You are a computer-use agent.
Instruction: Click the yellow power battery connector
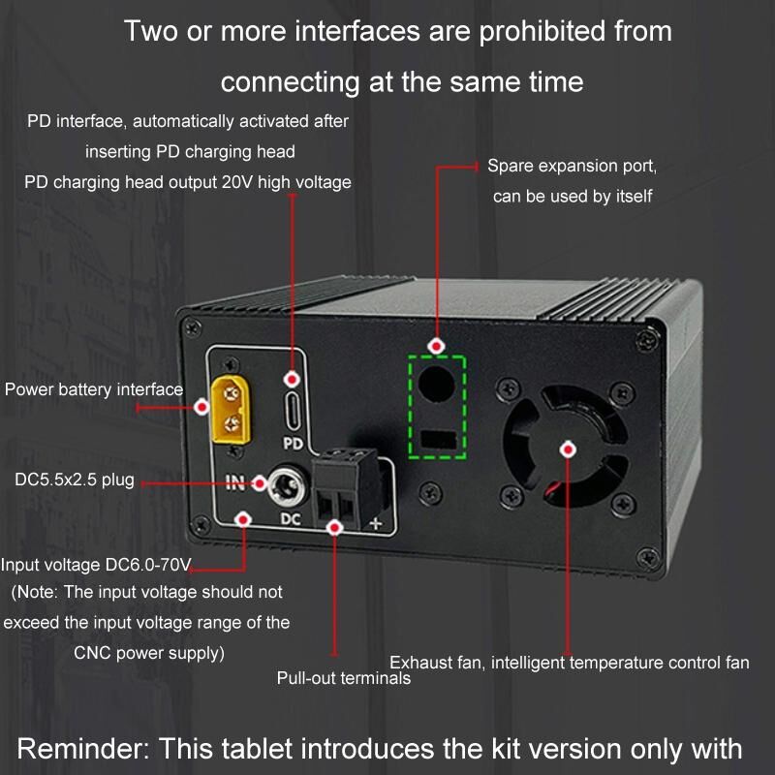[231, 409]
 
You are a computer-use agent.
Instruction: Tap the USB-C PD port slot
[293, 411]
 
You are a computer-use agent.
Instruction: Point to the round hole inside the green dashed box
[437, 384]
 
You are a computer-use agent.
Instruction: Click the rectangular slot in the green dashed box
[439, 440]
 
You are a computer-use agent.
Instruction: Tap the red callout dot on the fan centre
[569, 449]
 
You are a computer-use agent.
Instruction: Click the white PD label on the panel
[294, 444]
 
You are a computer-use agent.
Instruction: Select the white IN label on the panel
[235, 482]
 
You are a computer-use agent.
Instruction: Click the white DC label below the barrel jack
[291, 519]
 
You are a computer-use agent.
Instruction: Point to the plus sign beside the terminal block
[376, 523]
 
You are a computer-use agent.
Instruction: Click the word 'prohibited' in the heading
[542, 31]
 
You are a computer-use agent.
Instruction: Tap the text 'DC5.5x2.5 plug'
[75, 480]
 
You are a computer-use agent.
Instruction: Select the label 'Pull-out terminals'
[344, 678]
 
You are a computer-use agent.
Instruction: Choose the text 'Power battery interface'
[94, 389]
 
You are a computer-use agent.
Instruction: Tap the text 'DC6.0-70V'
[148, 565]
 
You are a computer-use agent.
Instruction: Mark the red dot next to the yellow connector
[201, 407]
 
